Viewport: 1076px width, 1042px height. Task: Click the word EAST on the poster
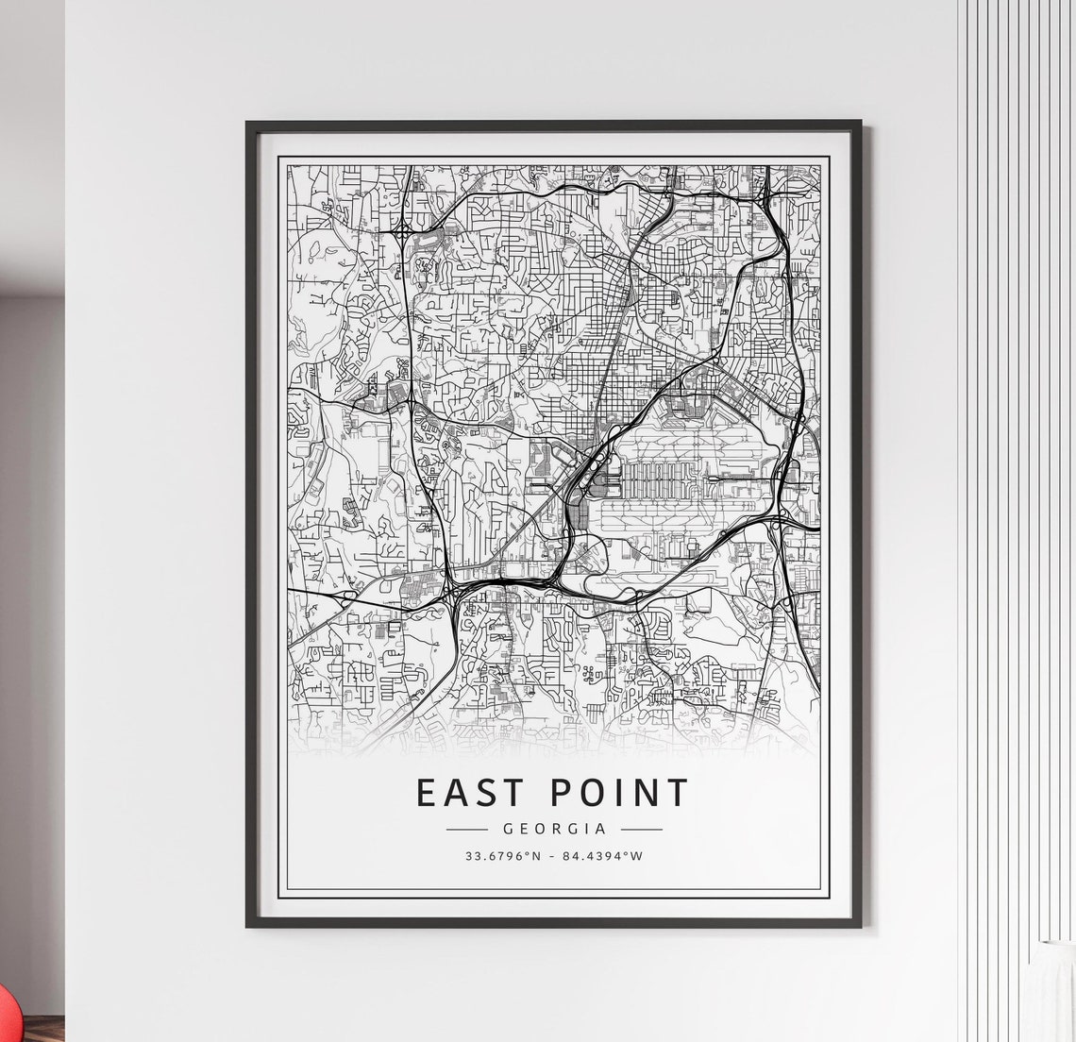point(469,793)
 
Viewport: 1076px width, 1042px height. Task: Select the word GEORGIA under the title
point(554,830)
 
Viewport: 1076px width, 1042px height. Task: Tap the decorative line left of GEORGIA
point(466,830)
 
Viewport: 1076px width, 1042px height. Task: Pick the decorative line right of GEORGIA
point(642,830)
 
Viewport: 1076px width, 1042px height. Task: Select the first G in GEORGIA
point(509,830)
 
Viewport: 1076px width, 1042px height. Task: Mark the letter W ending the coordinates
point(637,857)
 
